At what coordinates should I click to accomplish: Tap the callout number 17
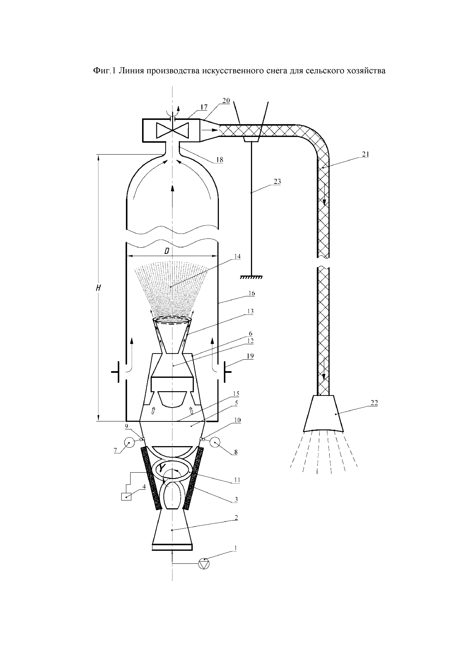point(204,107)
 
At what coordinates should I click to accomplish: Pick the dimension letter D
point(167,251)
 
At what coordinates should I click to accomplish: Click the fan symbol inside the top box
point(173,130)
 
